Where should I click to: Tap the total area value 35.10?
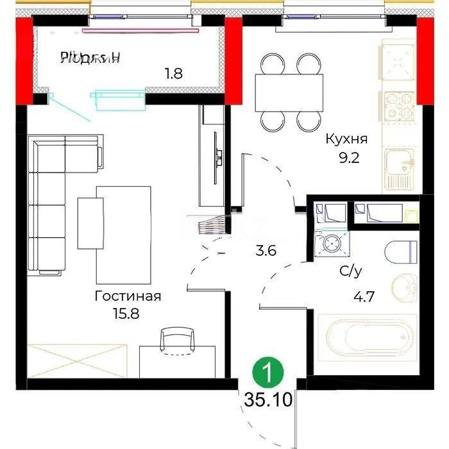(x=268, y=401)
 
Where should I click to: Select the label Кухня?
(x=346, y=139)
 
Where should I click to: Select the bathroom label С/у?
(x=350, y=272)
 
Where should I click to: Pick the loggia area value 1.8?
(x=173, y=73)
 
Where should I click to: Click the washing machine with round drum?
(x=331, y=244)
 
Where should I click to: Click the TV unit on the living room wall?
(x=212, y=157)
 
